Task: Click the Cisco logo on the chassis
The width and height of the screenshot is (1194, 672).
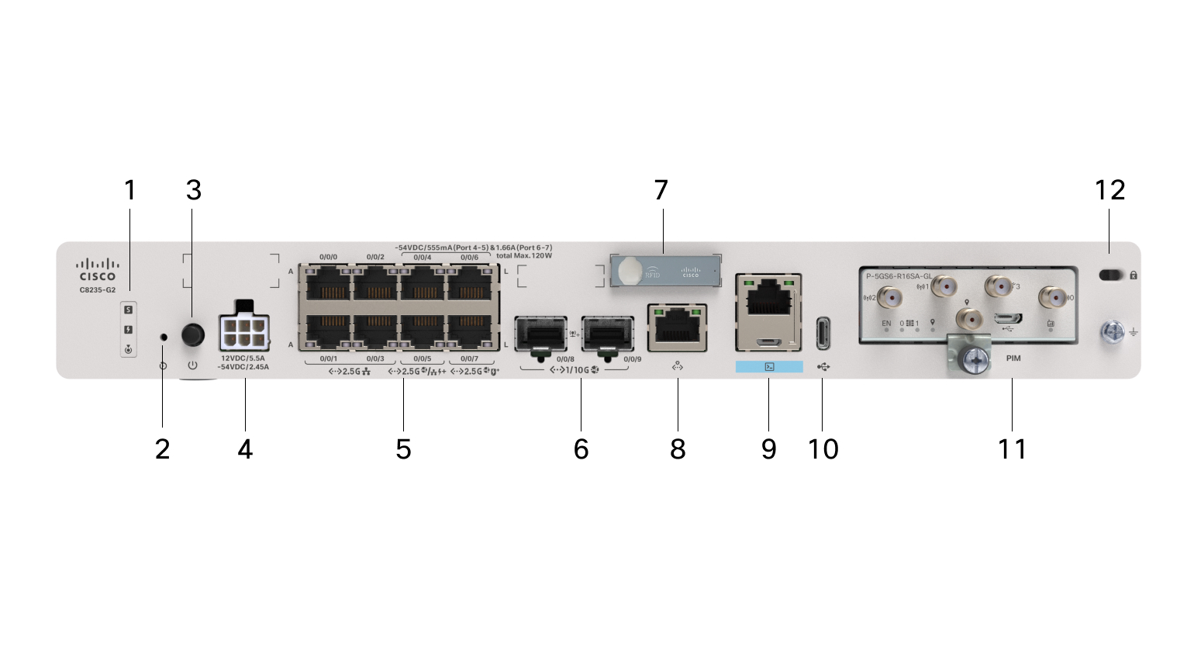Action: click(x=97, y=270)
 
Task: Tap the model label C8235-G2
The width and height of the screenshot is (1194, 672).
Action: click(x=97, y=290)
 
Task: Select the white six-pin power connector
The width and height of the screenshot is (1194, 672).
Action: click(x=244, y=332)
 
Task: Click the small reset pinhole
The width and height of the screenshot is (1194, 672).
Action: click(x=163, y=337)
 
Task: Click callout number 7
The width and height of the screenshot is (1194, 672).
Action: click(x=661, y=190)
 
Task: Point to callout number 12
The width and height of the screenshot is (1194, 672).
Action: click(x=1109, y=190)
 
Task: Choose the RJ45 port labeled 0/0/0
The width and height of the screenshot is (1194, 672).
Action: click(x=329, y=283)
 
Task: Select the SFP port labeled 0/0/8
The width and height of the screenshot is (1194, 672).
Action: click(x=541, y=334)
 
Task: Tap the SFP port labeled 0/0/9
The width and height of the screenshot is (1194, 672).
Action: click(x=608, y=334)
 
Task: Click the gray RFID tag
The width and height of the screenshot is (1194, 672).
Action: click(x=665, y=271)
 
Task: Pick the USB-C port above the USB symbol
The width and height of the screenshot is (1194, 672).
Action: click(x=823, y=333)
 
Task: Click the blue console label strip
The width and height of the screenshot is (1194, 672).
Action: click(x=769, y=366)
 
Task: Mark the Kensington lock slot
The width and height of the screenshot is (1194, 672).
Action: click(x=1111, y=275)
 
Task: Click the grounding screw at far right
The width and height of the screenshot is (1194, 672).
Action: click(x=1112, y=333)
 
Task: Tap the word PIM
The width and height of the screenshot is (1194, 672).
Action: click(x=1013, y=359)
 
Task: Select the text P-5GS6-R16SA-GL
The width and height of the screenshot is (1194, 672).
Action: click(x=899, y=276)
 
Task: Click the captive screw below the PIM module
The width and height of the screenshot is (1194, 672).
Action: click(x=974, y=359)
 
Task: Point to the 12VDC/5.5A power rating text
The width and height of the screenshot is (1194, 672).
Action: click(x=243, y=359)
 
